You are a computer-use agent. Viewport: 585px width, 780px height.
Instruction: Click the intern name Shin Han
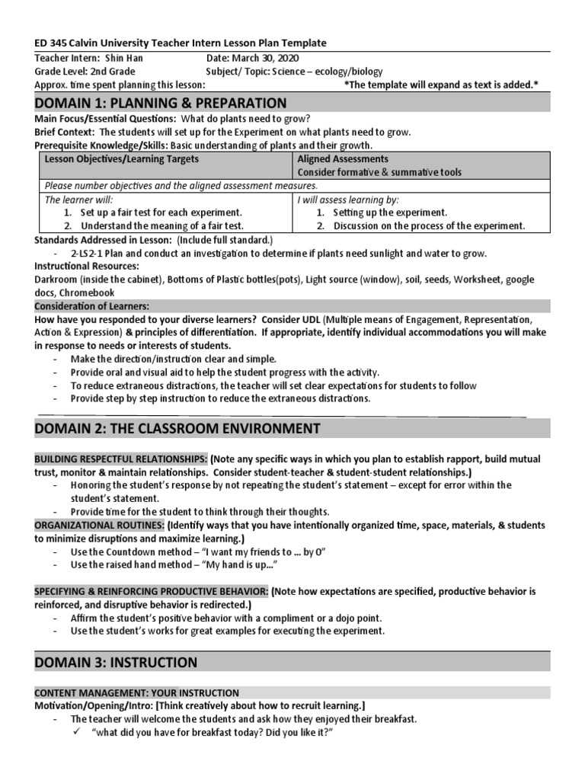click(124, 58)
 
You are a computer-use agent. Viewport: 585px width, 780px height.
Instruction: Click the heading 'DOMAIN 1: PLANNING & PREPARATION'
click(161, 103)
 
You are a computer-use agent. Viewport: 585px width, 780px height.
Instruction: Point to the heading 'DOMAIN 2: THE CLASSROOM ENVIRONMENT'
click(177, 428)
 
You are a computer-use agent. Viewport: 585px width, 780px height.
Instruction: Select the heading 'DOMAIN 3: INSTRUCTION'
click(116, 662)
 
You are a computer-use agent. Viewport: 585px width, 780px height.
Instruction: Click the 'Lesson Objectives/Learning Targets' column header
click(122, 159)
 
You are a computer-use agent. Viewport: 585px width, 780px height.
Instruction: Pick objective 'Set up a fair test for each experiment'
click(161, 213)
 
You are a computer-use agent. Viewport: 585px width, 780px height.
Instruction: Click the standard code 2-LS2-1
click(90, 253)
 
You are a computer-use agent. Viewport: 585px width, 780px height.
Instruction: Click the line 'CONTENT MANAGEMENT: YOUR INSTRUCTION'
click(137, 692)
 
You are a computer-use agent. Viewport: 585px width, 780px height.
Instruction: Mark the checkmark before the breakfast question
click(76, 732)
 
